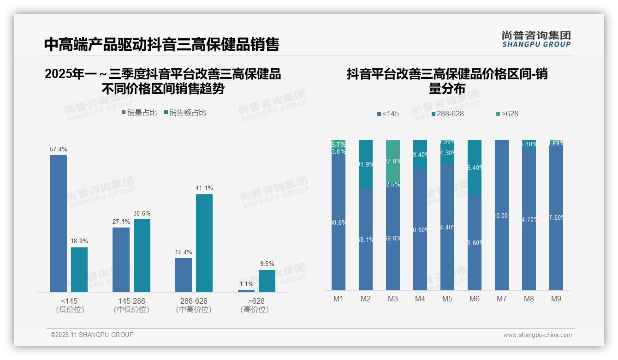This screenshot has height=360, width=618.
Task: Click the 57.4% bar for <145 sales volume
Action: (59, 223)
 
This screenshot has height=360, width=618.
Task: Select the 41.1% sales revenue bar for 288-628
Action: (204, 243)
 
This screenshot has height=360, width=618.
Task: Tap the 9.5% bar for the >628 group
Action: (267, 281)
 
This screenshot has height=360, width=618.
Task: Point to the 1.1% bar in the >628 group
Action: (246, 291)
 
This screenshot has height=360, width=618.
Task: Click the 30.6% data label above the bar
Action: (142, 213)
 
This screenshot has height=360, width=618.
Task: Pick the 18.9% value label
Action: (79, 241)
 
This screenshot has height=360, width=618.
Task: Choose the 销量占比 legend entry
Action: (139, 113)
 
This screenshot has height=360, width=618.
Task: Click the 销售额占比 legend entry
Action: (185, 113)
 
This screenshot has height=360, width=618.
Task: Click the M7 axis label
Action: (502, 299)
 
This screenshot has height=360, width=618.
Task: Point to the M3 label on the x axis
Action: (393, 299)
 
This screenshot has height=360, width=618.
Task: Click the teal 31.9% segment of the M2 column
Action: (366, 164)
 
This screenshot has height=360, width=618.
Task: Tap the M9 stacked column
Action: (556, 217)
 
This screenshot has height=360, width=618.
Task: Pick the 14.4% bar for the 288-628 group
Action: (184, 275)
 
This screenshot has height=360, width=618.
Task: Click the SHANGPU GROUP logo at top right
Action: (536, 39)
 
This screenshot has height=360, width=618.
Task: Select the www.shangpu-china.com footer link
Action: (537, 335)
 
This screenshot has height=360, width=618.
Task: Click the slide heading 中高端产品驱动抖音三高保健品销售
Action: (161, 44)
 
